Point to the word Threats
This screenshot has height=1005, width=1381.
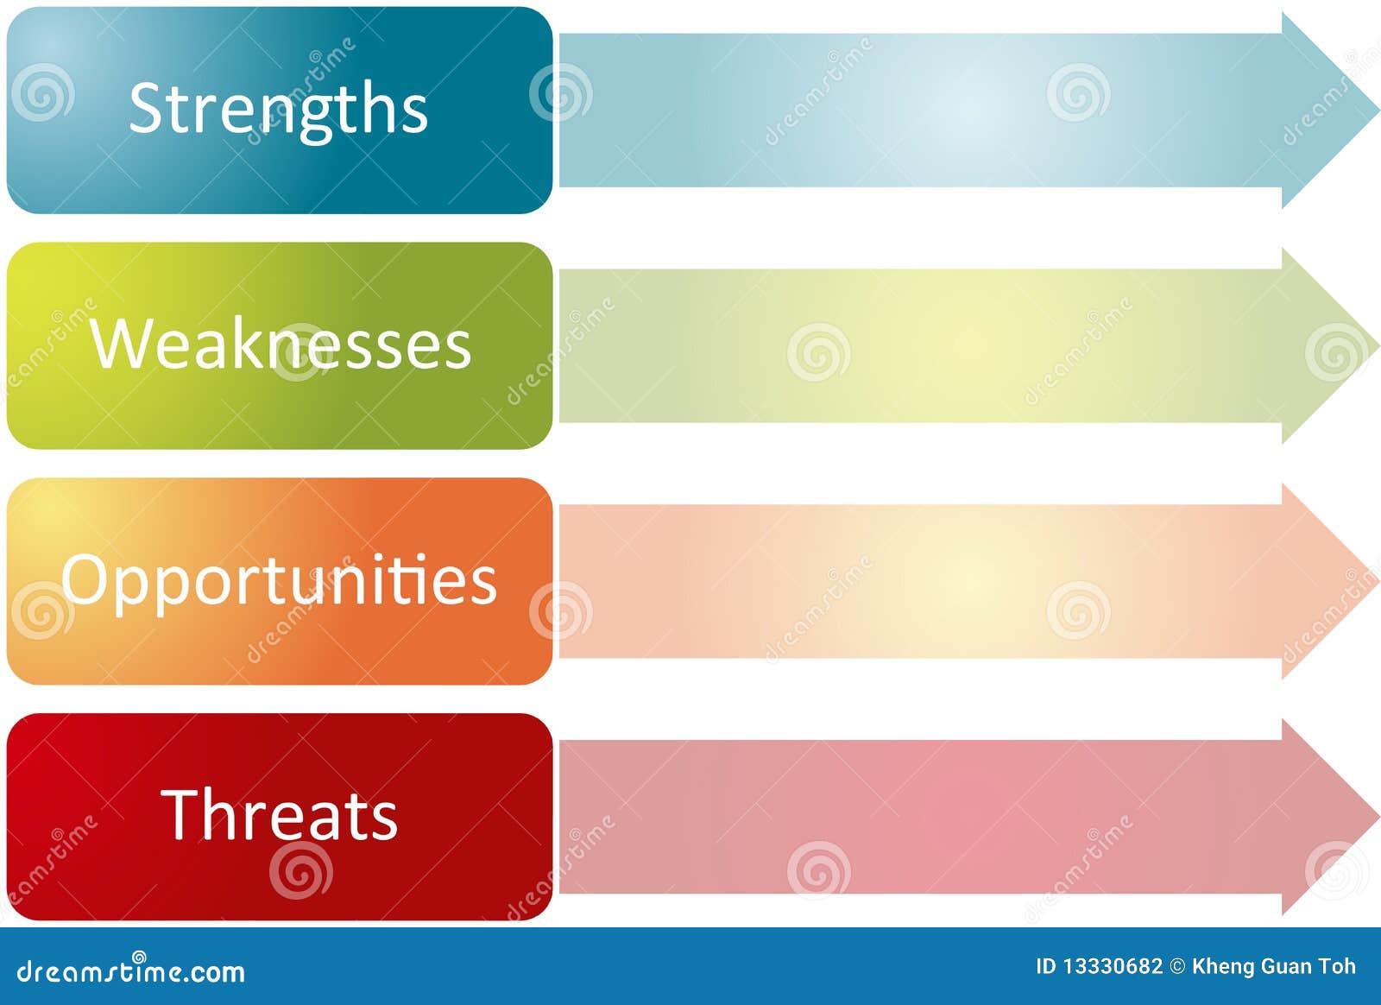point(280,814)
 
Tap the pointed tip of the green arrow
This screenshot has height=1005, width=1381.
point(1378,346)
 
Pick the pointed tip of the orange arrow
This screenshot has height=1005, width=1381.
point(1378,581)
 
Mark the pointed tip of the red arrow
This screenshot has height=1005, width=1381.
point(1378,817)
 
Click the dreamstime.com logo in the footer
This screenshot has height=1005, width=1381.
point(130,970)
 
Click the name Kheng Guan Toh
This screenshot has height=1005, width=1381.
point(1274,966)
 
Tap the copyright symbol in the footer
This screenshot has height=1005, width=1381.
point(1177,966)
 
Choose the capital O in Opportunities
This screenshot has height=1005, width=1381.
point(85,580)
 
